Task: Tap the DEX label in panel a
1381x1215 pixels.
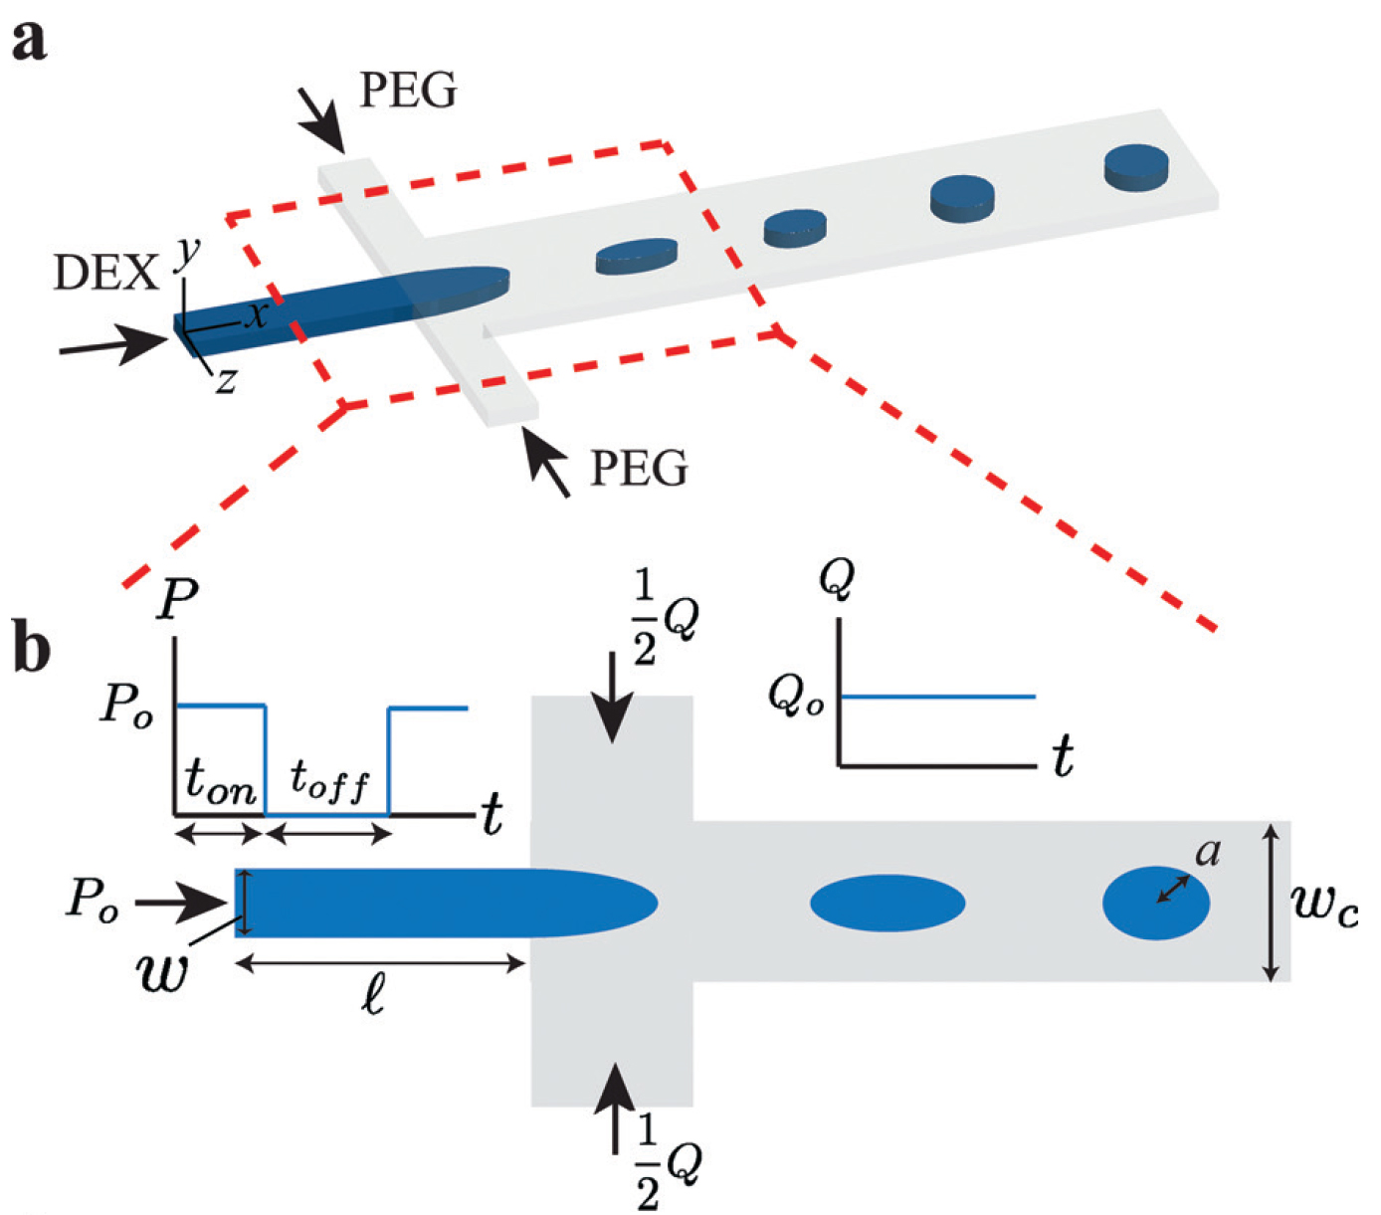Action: (x=105, y=273)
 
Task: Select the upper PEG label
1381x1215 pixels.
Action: (x=408, y=91)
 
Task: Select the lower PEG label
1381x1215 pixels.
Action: (x=638, y=468)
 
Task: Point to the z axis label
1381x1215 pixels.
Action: (x=227, y=380)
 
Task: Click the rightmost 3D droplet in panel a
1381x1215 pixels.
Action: (x=1135, y=166)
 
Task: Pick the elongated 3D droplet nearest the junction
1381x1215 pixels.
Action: (x=637, y=255)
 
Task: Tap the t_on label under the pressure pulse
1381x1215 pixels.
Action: (x=221, y=784)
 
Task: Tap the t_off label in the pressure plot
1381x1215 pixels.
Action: (x=329, y=782)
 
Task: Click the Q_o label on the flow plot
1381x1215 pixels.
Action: (x=796, y=696)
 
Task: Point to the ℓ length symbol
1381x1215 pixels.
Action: (x=372, y=995)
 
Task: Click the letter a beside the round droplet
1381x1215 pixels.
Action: (x=1208, y=852)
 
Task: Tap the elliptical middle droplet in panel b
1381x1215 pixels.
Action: (x=888, y=903)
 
